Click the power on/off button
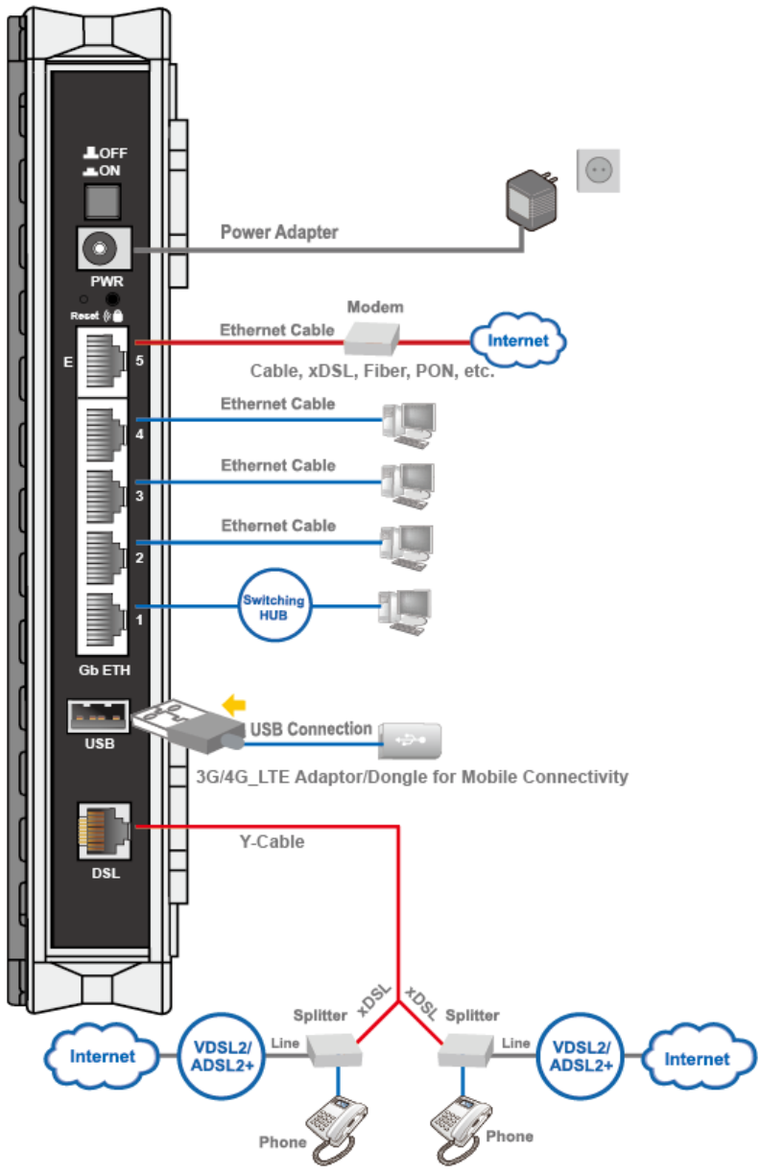103,201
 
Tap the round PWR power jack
100,247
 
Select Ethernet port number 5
105,361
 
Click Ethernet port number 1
105,620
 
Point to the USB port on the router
98,716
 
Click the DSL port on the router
104,831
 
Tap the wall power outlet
598,171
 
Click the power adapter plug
532,200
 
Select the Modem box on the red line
371,339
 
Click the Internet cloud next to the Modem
517,340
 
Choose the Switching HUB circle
273,605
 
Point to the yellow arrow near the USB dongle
234,704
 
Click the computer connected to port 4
409,425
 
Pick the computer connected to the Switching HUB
405,612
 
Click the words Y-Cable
272,842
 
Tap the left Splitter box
334,1049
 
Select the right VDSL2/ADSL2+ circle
581,1056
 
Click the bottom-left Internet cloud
102,1056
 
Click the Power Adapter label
279,232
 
